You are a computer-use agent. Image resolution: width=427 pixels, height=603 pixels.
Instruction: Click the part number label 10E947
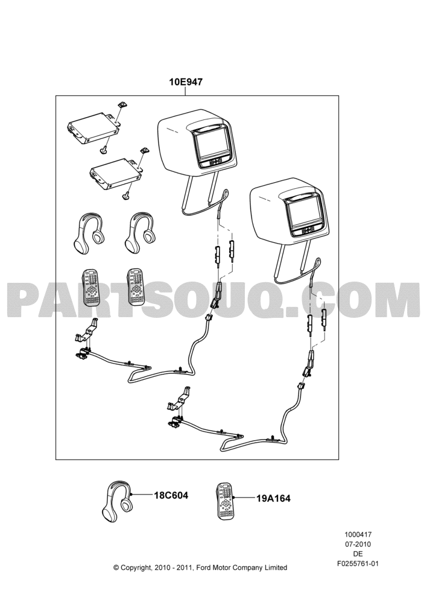pyautogui.click(x=186, y=81)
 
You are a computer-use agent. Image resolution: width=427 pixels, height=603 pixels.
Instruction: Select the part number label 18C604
pyautogui.click(x=171, y=495)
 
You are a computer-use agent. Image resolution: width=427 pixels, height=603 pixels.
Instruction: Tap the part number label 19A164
pyautogui.click(x=273, y=499)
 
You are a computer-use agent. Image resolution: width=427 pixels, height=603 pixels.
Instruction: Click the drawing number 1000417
pyautogui.click(x=358, y=534)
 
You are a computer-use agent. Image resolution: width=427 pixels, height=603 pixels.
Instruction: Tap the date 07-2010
pyautogui.click(x=358, y=544)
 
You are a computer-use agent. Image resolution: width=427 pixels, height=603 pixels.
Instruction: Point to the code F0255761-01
pyautogui.click(x=358, y=564)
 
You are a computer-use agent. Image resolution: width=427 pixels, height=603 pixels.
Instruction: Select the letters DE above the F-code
pyautogui.click(x=358, y=554)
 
